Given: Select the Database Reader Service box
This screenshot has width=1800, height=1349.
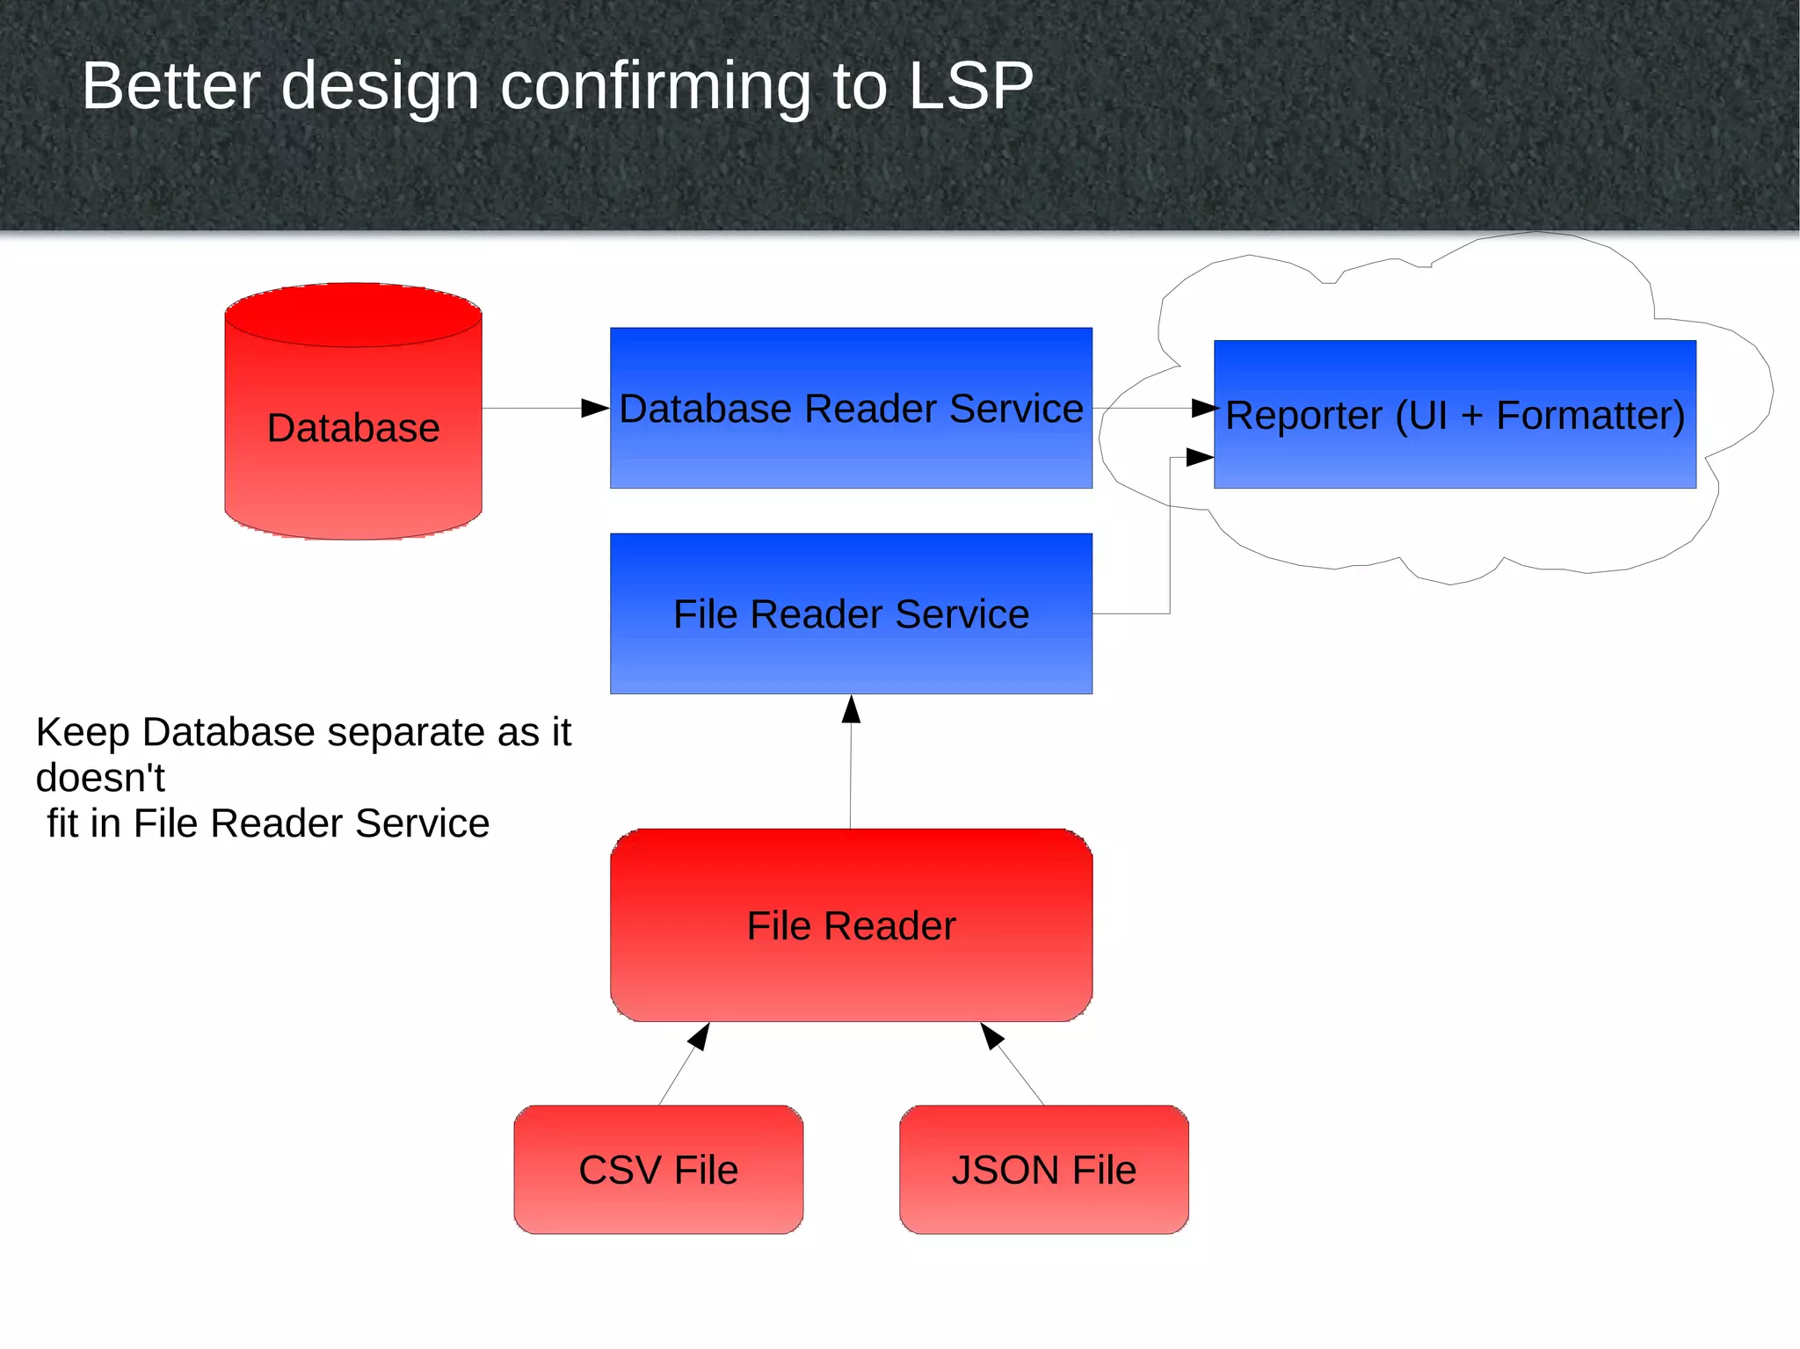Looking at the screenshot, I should pos(851,408).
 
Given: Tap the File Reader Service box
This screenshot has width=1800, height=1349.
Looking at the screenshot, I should pos(851,613).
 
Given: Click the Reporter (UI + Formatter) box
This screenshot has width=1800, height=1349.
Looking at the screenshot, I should pos(1455,414).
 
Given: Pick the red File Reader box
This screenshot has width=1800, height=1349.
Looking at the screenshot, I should pos(851,925).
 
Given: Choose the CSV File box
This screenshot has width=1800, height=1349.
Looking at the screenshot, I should pos(658,1170).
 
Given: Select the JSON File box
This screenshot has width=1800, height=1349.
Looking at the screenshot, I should pos(1043,1170).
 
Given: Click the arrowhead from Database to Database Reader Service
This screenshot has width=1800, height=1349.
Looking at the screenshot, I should pos(596,408).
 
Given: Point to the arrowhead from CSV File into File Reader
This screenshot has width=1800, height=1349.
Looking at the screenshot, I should pos(700,1035).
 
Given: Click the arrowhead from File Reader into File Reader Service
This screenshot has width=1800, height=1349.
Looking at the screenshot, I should pos(851,708).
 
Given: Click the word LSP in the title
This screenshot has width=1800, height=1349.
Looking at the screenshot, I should pos(970,86).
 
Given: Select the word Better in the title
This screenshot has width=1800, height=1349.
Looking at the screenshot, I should pos(171,86).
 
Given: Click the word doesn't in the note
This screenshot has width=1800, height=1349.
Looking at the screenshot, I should pos(100,778).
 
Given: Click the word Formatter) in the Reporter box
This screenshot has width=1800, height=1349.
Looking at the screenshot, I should pos(1591,416).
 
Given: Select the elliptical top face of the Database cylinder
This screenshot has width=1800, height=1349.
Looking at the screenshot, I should pos(352,315).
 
